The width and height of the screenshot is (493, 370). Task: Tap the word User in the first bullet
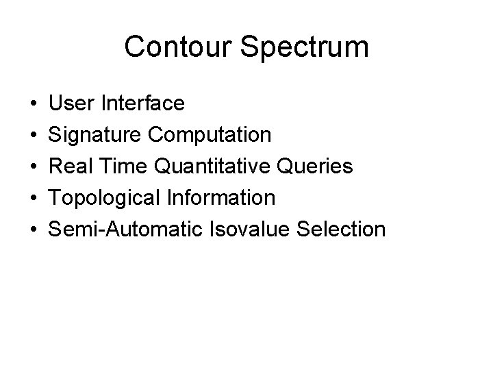(x=72, y=103)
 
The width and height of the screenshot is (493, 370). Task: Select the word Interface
(x=142, y=103)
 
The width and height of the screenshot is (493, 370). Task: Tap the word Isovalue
(x=251, y=230)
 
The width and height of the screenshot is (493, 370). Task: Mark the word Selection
(x=343, y=230)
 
